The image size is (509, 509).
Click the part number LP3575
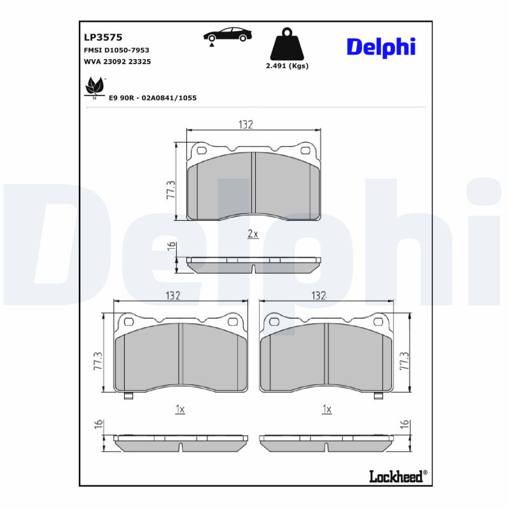98,37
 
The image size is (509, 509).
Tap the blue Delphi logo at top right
380,46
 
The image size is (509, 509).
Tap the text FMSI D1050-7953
116,50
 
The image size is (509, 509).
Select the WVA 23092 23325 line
117,62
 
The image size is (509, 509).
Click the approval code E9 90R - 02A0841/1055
153,98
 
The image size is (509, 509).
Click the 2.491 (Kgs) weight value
287,66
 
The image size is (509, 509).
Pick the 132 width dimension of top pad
246,125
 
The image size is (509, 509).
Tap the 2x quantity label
253,234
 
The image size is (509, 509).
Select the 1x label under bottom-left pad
179,409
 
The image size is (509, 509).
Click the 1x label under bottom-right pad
326,409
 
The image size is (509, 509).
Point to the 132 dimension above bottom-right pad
319,295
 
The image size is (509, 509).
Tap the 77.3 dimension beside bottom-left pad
98,361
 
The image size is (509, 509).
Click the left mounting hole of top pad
202,151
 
